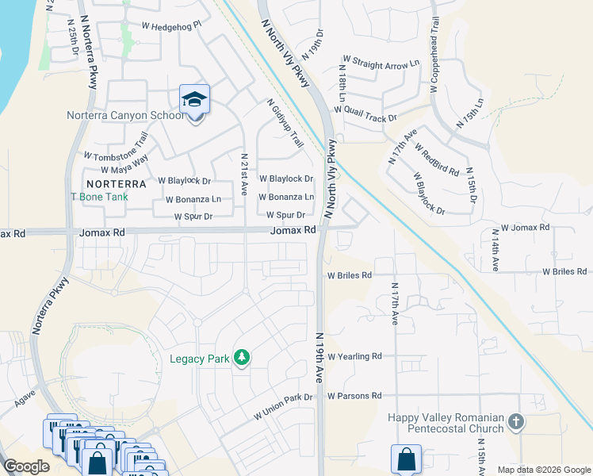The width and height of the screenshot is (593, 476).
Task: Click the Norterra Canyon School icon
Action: pyautogui.click(x=194, y=100)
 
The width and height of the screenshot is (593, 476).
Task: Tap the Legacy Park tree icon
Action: pyautogui.click(x=242, y=359)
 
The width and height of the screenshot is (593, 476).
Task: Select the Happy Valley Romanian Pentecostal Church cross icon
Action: pyautogui.click(x=516, y=421)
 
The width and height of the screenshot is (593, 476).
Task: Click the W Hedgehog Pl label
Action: pyautogui.click(x=172, y=25)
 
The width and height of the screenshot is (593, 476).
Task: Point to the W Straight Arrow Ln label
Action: pyautogui.click(x=381, y=61)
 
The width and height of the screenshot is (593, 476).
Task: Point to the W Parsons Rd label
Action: pyautogui.click(x=354, y=396)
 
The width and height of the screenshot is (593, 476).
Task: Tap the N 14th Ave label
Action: pyautogui.click(x=494, y=250)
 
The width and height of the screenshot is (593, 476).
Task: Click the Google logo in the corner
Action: pyautogui.click(x=26, y=466)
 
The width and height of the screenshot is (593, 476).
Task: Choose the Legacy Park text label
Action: pyautogui.click(x=199, y=359)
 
